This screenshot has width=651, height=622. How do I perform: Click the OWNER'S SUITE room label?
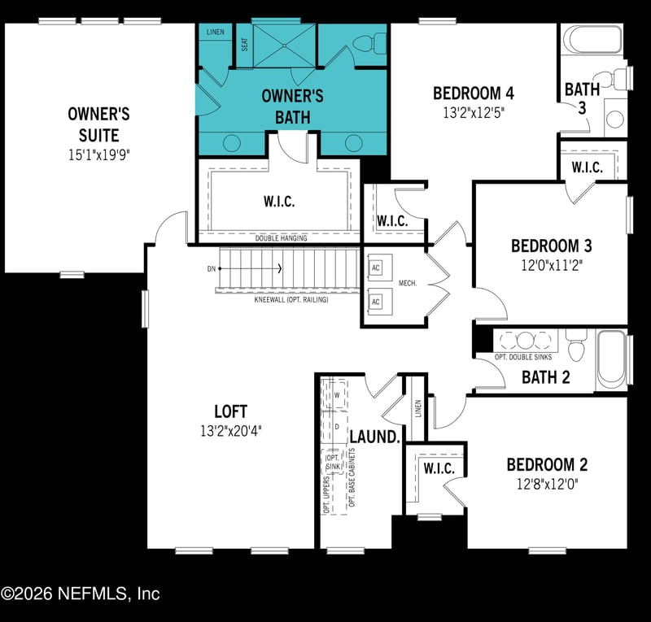(x=98, y=124)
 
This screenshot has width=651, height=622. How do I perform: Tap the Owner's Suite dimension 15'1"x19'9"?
(x=98, y=153)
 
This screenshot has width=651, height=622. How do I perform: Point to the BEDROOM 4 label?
(x=473, y=93)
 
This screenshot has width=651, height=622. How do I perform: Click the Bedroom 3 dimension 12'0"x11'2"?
(x=551, y=264)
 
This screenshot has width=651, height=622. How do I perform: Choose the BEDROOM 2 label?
(x=546, y=465)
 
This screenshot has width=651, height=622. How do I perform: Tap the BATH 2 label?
(x=545, y=376)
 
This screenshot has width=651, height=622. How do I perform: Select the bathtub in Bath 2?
(x=613, y=357)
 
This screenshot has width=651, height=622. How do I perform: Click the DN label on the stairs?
(x=211, y=268)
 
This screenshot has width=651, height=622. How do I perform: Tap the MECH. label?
(x=408, y=283)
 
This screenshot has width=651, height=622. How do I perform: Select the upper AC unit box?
(x=376, y=268)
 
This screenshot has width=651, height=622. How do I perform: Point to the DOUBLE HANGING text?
(x=281, y=238)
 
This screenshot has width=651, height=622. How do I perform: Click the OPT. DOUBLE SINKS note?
(x=522, y=357)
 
